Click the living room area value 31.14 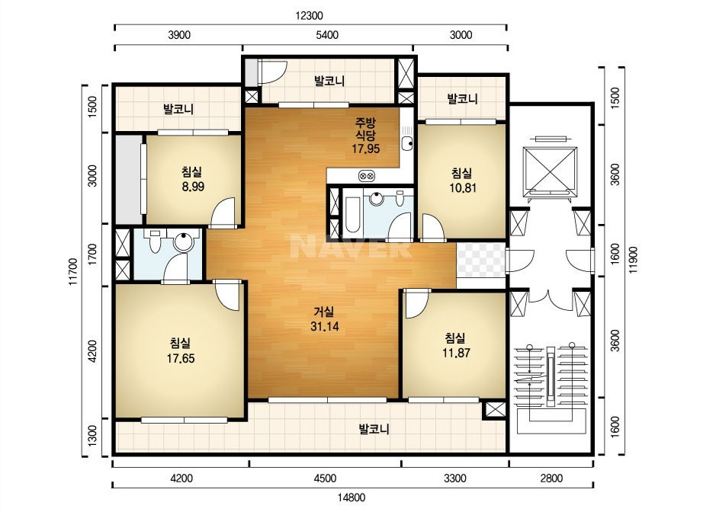[325, 327]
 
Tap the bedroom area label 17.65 [181, 358]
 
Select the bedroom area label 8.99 [193, 187]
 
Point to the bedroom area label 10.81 [463, 187]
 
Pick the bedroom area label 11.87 [456, 353]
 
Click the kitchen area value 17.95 [366, 149]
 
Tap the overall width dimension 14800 [351, 497]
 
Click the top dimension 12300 [309, 16]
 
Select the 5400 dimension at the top [327, 35]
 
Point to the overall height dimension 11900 [633, 260]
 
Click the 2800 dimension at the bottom [551, 478]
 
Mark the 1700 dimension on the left [92, 254]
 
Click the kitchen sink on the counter [407, 143]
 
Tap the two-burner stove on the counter [367, 176]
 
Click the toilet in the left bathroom [155, 241]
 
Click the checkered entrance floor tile [481, 261]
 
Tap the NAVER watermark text [351, 245]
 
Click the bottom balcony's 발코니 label [374, 430]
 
